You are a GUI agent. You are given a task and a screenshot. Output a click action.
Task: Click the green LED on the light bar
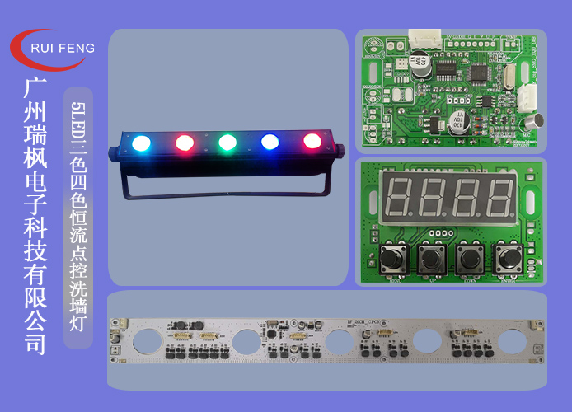click(227, 142)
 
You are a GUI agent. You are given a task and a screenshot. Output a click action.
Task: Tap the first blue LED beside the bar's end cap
click(141, 142)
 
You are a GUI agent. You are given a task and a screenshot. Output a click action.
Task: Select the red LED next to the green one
click(184, 143)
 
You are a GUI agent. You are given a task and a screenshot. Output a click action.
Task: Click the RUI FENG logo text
click(62, 48)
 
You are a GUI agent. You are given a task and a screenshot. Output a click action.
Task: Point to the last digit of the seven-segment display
click(500, 197)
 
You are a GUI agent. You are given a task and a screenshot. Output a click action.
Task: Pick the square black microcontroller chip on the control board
click(480, 73)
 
